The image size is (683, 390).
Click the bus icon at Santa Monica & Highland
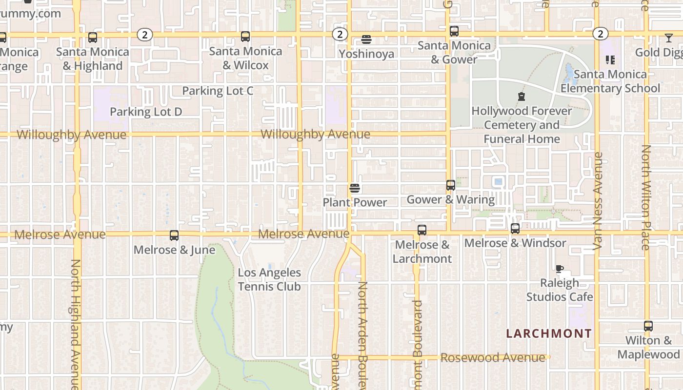point(92,38)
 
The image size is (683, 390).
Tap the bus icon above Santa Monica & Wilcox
point(245,37)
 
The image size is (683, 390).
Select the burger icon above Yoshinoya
point(366,39)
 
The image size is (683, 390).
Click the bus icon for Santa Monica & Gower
point(454,31)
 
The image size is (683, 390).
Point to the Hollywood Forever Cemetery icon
point(522,97)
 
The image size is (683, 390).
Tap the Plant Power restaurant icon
point(355,188)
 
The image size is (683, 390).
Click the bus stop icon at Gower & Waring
point(451,185)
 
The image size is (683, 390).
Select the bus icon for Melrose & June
point(174,235)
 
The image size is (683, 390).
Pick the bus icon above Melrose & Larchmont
point(422,230)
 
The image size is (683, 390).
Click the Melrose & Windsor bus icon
point(515,229)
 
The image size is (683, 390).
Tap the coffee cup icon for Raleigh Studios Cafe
point(560,269)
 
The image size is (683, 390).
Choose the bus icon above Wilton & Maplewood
point(648,326)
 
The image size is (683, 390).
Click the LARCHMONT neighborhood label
point(549,334)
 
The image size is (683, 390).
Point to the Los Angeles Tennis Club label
point(269,279)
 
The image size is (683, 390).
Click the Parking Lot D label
point(146,112)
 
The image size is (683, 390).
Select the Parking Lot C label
point(218,91)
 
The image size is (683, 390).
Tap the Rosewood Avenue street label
point(493,358)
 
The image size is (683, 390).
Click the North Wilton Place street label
point(646,197)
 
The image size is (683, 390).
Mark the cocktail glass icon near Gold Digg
point(668,38)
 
